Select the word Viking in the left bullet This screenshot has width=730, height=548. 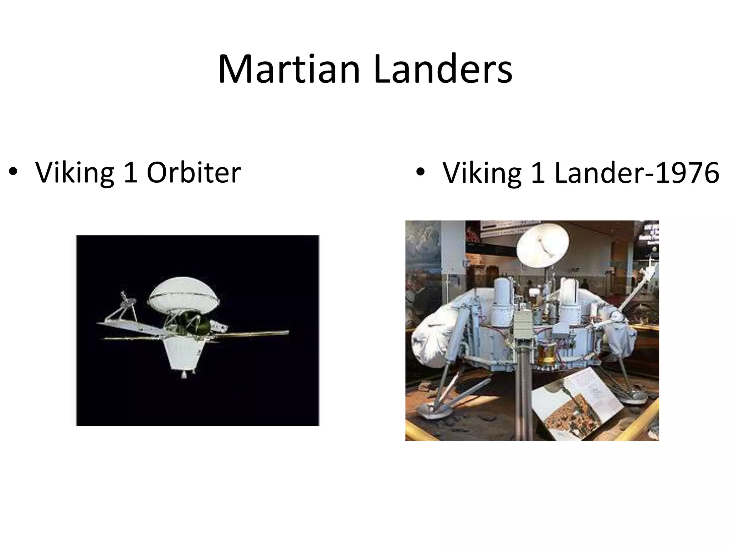[x=74, y=173]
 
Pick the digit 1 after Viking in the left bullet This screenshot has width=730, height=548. [x=130, y=173]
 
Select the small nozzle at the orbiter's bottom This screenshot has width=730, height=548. [x=184, y=375]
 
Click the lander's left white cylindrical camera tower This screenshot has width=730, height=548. [x=504, y=300]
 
